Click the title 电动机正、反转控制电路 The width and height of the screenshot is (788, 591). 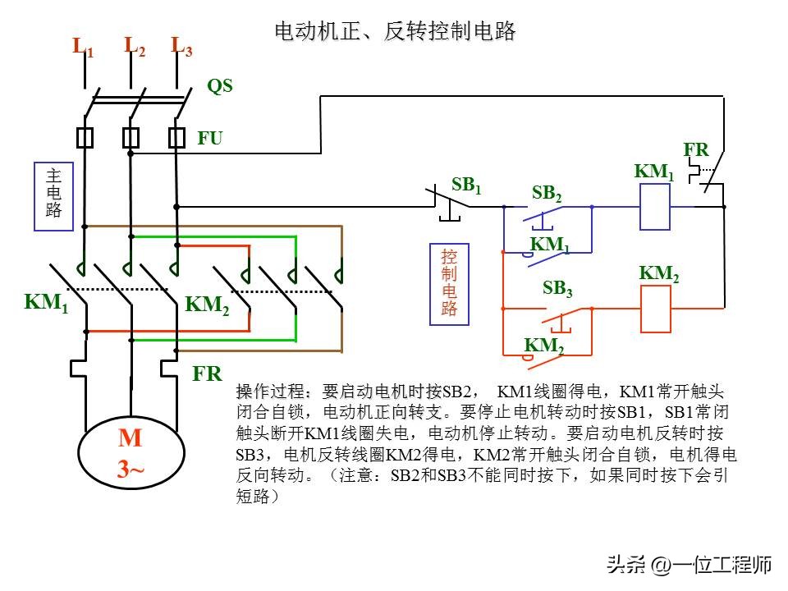tap(395, 31)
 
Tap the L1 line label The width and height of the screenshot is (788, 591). tap(83, 47)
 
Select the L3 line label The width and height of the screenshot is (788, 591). tap(181, 47)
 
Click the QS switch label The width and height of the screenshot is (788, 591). tap(220, 86)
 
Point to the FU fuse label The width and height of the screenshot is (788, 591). tap(209, 138)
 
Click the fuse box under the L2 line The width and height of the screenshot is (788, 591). tap(131, 138)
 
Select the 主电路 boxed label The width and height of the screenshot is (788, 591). tap(54, 196)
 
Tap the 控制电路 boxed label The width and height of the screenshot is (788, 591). tap(449, 284)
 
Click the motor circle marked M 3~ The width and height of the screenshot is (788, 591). tap(131, 452)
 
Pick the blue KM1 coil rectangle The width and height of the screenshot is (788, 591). tap(655, 207)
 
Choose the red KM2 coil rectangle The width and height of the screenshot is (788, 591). tap(655, 309)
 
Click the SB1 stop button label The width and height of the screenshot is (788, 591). tap(466, 185)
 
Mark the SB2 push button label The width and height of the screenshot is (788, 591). tap(547, 193)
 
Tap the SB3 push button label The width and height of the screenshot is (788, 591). tap(557, 288)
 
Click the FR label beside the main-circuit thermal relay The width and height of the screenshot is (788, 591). tap(207, 374)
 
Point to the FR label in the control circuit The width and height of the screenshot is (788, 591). tap(696, 149)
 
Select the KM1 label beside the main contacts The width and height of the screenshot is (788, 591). tap(46, 303)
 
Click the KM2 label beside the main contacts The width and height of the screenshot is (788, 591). tap(207, 305)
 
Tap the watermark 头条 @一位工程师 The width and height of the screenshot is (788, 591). tap(689, 565)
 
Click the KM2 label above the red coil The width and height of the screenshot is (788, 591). tap(659, 274)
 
